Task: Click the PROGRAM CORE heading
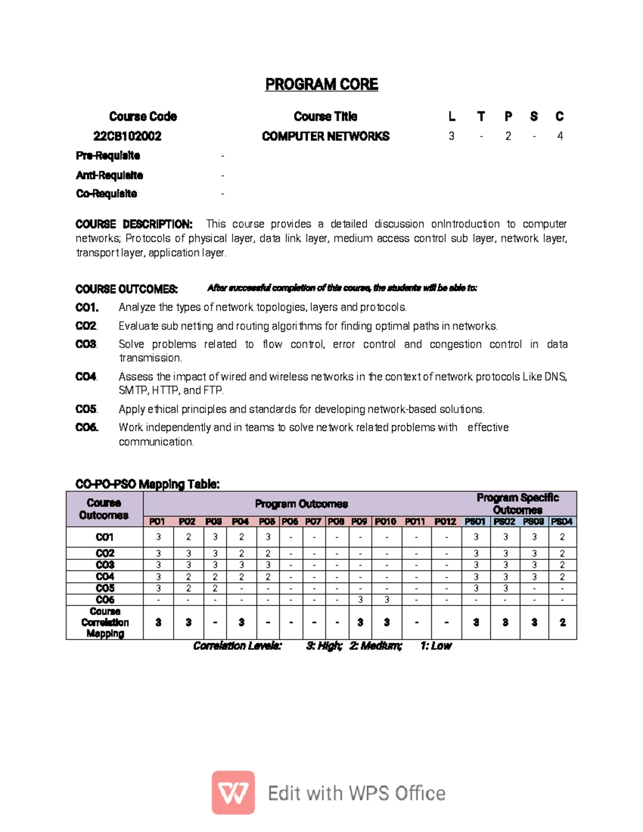(322, 85)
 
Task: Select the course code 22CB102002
(127, 136)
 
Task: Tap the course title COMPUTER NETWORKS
(325, 136)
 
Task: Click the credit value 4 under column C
(560, 136)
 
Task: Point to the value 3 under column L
(451, 136)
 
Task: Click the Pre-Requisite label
(108, 156)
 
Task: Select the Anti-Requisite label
(109, 175)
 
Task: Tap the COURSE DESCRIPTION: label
(133, 224)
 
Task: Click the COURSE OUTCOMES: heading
(126, 289)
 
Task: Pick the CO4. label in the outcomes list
(86, 377)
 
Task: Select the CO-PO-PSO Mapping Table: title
(147, 484)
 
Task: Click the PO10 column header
(385, 521)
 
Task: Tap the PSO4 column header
(562, 521)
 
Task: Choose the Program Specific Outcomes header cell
(518, 504)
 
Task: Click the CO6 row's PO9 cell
(360, 599)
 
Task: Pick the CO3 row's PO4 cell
(241, 565)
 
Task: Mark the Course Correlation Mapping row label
(105, 623)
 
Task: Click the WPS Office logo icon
(233, 793)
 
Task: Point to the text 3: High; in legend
(324, 646)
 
